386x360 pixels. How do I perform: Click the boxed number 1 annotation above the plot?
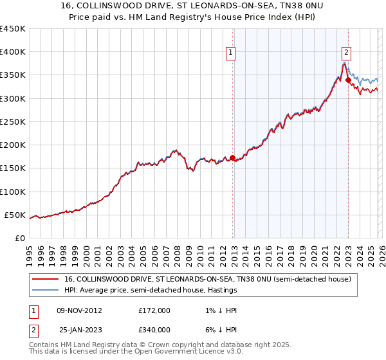click(230, 53)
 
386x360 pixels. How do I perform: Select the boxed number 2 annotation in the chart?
click(346, 53)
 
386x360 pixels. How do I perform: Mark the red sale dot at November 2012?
click(232, 157)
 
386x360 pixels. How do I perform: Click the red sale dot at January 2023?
click(348, 80)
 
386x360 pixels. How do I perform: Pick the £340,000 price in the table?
click(154, 330)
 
